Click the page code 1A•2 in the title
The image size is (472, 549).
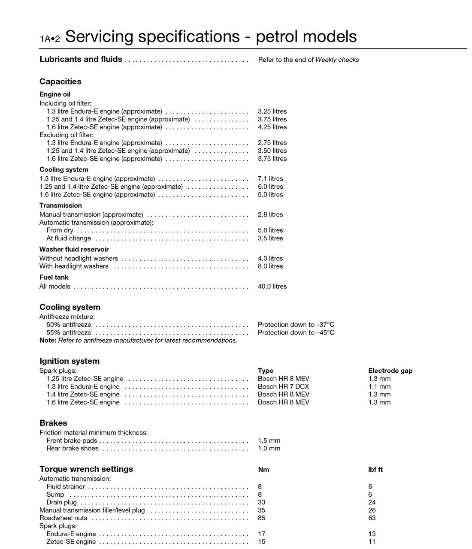point(49,39)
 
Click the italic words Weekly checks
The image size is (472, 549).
point(337,60)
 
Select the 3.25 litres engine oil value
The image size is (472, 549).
point(272,111)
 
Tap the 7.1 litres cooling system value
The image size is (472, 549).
point(270,178)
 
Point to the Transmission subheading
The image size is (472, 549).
point(61,205)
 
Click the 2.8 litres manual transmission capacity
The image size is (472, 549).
point(270,214)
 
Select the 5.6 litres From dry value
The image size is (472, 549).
point(270,230)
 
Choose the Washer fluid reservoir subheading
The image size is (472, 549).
point(74,249)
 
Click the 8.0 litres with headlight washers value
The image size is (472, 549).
point(270,266)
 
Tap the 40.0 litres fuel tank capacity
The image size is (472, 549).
point(272,286)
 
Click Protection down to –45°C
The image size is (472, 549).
point(296,332)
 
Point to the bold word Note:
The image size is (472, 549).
point(48,340)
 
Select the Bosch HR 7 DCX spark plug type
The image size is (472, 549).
point(283,386)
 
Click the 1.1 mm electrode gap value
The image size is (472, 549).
point(379,386)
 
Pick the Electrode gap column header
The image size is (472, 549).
point(390,371)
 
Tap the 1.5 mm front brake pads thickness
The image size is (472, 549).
point(269,440)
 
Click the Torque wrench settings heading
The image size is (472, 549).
point(86,469)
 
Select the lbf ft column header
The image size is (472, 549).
point(375,469)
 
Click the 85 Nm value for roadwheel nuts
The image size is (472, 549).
point(261,518)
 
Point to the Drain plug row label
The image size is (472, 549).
point(61,502)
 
